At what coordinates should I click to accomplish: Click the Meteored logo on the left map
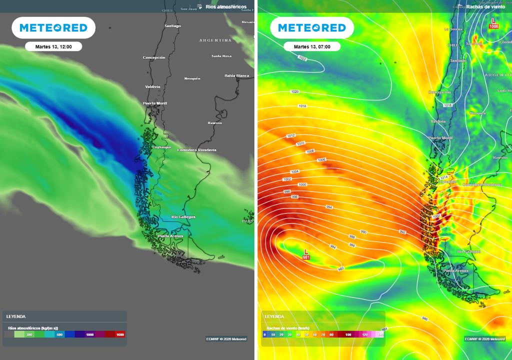coord(53,28)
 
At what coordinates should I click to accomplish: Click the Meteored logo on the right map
coord(312,28)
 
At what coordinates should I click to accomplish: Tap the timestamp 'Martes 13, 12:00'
coord(53,46)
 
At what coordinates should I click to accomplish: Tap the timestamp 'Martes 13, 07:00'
coord(312,46)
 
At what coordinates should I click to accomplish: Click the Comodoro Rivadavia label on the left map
coord(197,150)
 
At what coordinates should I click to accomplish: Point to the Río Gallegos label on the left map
coord(183,217)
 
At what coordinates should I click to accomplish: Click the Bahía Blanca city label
coord(236,75)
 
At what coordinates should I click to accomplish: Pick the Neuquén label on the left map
coord(192,78)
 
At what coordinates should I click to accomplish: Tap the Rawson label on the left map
coord(215,123)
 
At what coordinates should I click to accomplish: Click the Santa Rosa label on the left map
coord(221,56)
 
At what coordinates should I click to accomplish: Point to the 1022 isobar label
coord(302,58)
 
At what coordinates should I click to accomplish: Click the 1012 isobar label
coord(290,136)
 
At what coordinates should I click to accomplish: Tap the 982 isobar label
coord(341,268)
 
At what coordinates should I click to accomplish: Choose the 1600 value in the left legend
coord(120,334)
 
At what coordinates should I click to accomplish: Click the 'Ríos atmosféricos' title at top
coord(225,6)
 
